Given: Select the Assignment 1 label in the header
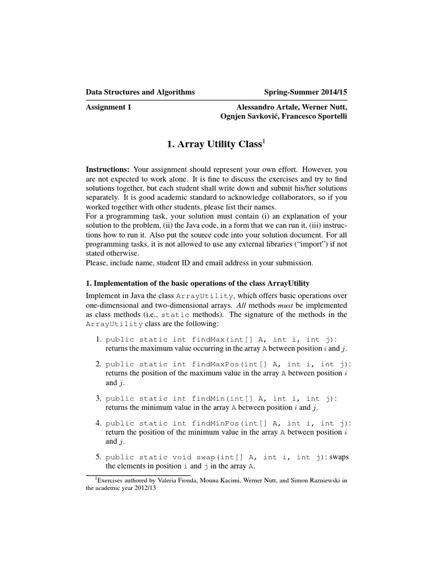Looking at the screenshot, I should [108, 107].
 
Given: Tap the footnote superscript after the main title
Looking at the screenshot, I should [263, 141].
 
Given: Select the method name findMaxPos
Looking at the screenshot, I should [216, 364].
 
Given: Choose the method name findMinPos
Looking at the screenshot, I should [216, 423].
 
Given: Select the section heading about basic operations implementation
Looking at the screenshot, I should [197, 282].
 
